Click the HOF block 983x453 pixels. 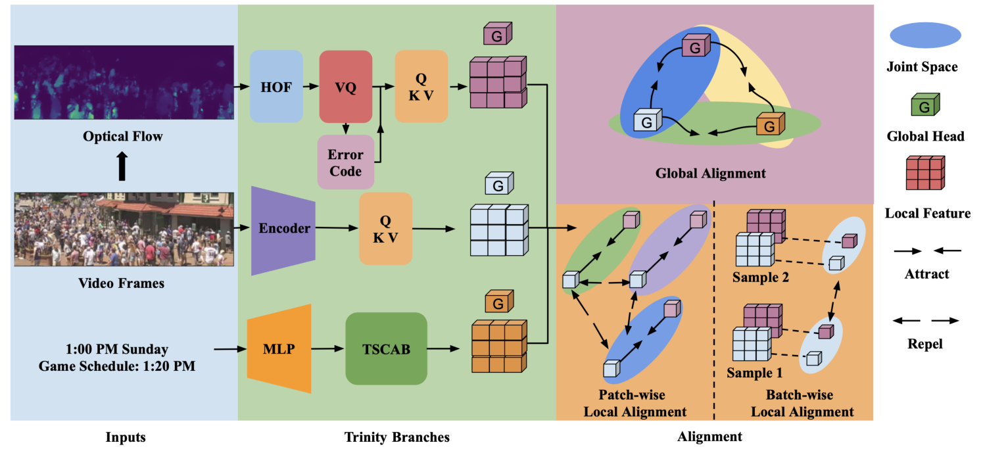coord(276,87)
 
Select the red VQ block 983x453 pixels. coord(345,87)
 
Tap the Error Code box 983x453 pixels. coord(345,163)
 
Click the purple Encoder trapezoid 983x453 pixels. coord(284,228)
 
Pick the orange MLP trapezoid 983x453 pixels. coord(279,349)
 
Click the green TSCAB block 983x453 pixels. coord(386,349)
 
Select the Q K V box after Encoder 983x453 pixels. coord(385,228)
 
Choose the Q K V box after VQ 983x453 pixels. coord(421,86)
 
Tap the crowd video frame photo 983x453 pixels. coord(124,228)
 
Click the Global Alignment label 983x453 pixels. coord(710,174)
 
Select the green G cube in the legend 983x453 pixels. coord(925,106)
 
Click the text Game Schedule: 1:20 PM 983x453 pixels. coord(117,366)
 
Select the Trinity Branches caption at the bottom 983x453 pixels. coord(396,437)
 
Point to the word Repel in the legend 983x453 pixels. coord(926,344)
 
